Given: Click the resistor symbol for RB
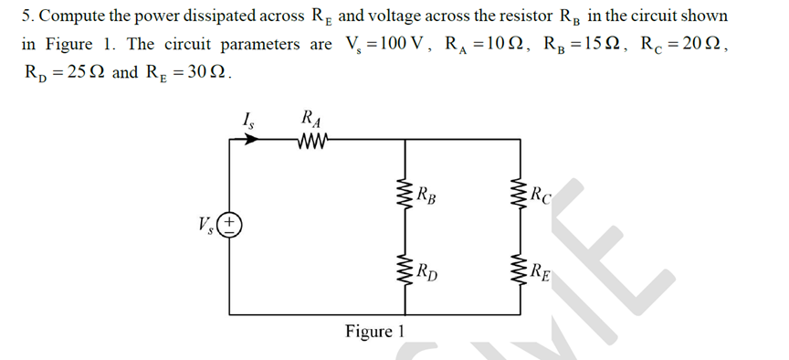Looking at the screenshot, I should pyautogui.click(x=399, y=194).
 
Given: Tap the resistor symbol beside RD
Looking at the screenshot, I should pyautogui.click(x=399, y=269).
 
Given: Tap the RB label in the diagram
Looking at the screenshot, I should pyautogui.click(x=424, y=195).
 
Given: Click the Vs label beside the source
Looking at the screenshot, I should pyautogui.click(x=204, y=224).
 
